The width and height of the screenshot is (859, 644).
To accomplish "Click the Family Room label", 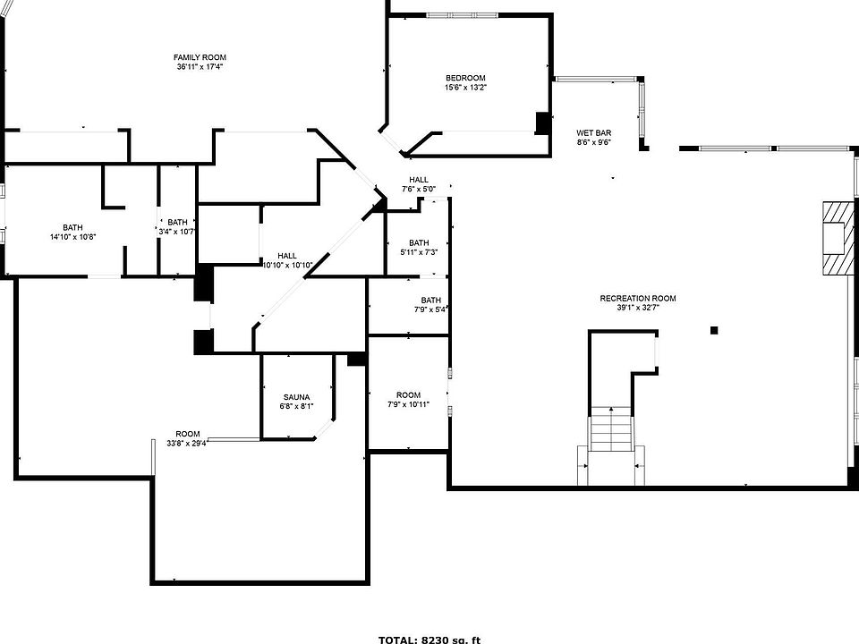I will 200,57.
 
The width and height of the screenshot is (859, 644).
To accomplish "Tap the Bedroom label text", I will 465,78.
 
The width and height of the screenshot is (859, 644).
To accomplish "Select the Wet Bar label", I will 593,132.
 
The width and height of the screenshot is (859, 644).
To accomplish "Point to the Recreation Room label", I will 638,298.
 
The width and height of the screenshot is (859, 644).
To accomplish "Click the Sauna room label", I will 296,397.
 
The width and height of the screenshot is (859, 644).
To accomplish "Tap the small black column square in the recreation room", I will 714,331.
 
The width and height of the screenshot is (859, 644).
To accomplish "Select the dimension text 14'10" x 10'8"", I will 72,237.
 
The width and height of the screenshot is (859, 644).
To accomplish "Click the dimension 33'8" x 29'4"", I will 187,443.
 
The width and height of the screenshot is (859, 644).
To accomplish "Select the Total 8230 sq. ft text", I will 429,639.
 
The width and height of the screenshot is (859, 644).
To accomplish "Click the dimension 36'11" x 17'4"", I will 200,67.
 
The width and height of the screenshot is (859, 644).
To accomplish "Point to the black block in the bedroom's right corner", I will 541,123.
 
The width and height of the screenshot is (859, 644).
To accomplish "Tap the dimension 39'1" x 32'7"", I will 638,308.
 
